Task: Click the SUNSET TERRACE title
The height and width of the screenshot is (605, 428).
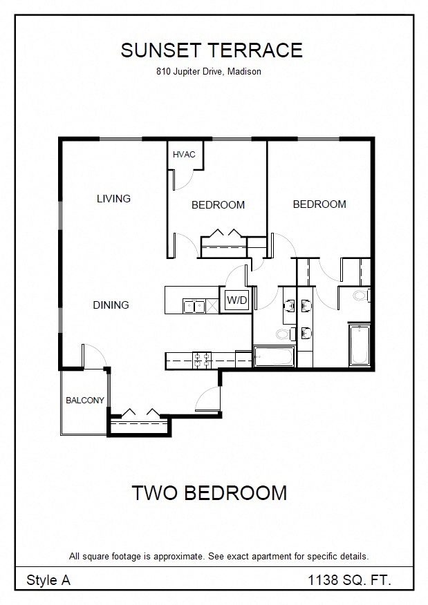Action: coord(212,50)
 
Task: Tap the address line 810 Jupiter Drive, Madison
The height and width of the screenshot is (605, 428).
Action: coord(209,71)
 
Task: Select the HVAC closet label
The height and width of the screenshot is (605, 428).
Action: coord(184,155)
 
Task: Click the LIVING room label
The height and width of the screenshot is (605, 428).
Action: coord(113,199)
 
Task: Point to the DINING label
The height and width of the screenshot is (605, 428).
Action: coord(111,305)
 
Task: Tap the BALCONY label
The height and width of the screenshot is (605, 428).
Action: coord(85,401)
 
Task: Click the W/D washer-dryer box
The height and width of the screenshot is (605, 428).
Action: coord(236,300)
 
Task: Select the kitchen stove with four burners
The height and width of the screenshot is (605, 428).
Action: coord(202,361)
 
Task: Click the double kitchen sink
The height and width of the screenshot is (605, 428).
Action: coord(194,307)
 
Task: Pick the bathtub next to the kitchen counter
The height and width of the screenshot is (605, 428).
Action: coord(274,356)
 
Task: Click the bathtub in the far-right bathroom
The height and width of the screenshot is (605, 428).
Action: coord(360,345)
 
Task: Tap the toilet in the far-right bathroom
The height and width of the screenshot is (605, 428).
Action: coord(362,296)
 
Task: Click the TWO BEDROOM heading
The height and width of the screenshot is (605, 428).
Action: coord(210,492)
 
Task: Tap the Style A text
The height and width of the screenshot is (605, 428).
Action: coord(48,580)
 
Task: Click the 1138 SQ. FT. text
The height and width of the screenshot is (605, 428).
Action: coord(349,579)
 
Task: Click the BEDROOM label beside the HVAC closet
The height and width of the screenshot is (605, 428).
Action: coord(218,205)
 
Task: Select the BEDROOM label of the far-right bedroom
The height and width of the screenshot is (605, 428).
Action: coord(319,204)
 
